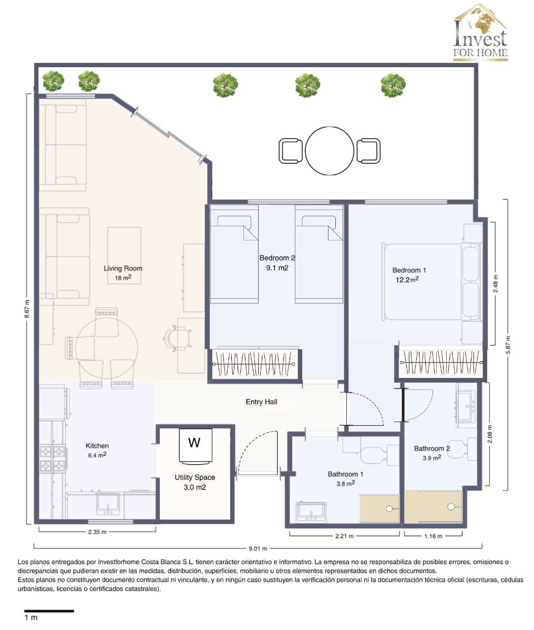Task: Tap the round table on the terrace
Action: (x=330, y=151)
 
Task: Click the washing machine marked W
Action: (x=194, y=446)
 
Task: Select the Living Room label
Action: (x=123, y=269)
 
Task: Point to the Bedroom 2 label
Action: (x=277, y=258)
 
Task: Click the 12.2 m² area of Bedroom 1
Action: (x=407, y=280)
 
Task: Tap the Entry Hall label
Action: (x=261, y=402)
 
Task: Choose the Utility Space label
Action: (x=194, y=477)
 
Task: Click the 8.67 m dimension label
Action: (x=27, y=313)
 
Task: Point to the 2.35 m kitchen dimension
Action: (x=97, y=532)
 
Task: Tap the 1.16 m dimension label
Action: (x=433, y=536)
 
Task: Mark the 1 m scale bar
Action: (x=49, y=611)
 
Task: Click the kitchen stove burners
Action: (x=53, y=458)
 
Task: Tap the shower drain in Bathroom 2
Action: (x=451, y=507)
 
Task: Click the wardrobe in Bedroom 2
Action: (x=254, y=364)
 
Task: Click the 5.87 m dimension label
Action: (x=508, y=344)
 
